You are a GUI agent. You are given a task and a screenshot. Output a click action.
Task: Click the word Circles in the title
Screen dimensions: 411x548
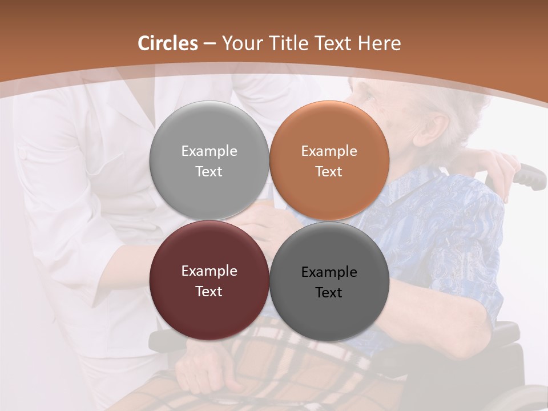coord(168,43)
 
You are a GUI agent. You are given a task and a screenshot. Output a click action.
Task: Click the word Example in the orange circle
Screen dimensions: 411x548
coord(329,151)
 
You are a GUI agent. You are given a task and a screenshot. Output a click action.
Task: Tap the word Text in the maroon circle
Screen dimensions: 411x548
coord(209,292)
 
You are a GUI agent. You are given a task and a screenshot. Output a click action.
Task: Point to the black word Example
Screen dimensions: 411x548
coord(329,272)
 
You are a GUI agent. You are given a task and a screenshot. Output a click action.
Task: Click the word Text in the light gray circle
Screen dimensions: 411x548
coord(209,172)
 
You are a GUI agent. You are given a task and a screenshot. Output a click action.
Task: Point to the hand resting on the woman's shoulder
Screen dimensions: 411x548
coord(499,163)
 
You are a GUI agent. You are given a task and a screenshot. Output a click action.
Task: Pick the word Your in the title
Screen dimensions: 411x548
coord(239,43)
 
